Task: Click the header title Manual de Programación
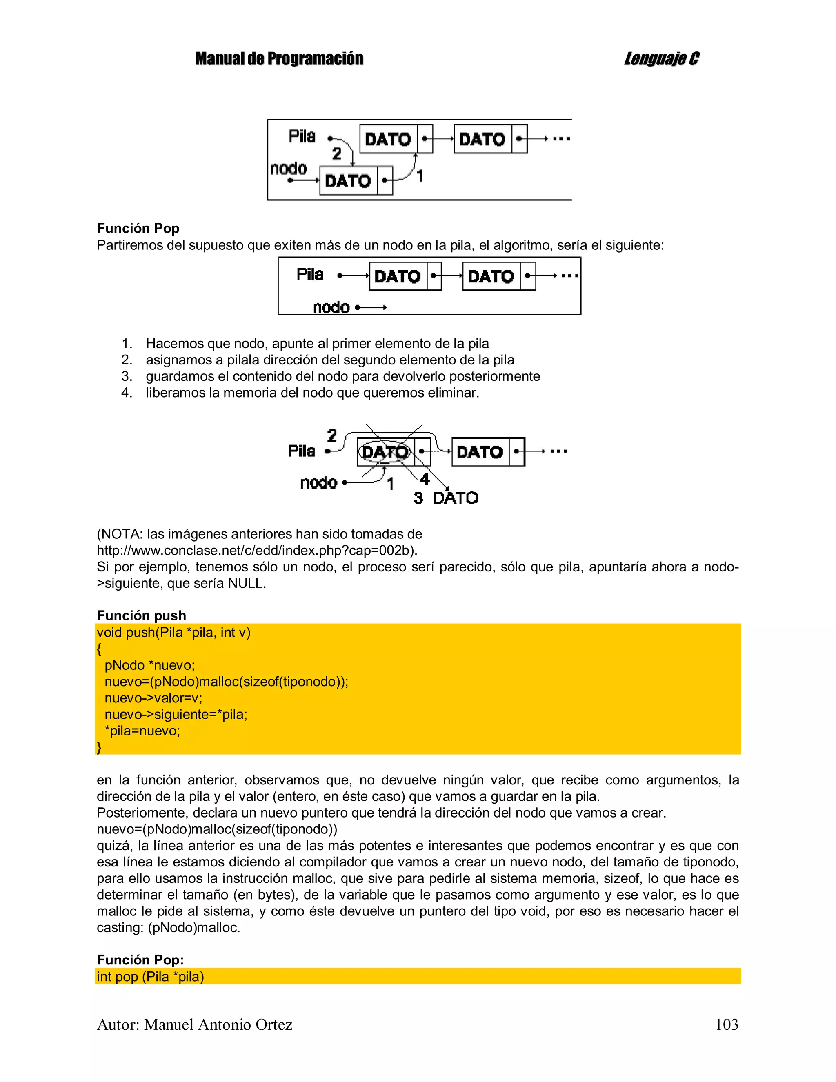tap(279, 59)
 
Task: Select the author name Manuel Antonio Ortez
tap(218, 1024)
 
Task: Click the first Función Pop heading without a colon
tap(138, 229)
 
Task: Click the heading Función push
tap(141, 615)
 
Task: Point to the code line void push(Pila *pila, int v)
tap(173, 633)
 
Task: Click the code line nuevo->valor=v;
tap(153, 698)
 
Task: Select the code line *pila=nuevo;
tap(142, 731)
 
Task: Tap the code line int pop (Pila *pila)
tap(150, 976)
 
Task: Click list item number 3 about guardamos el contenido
tap(342, 376)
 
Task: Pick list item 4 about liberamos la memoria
tap(312, 393)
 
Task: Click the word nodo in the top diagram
tap(289, 169)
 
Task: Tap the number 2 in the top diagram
tap(336, 154)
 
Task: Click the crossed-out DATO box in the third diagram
tap(385, 451)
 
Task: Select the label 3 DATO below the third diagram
tap(446, 498)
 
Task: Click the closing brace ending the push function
tap(99, 747)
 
